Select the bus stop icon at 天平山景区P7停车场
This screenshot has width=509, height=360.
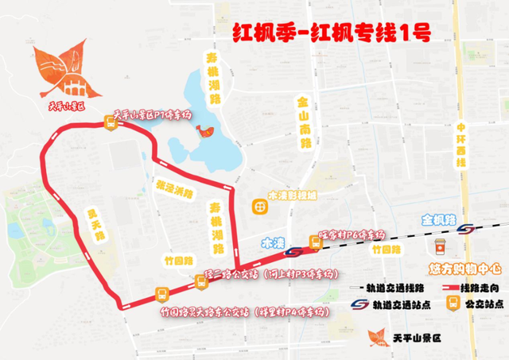(111, 122)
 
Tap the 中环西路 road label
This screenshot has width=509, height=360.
(460, 143)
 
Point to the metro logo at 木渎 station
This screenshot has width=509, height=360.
(293, 251)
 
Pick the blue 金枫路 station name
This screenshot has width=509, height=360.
(437, 218)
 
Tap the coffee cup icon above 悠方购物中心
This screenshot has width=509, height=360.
(439, 241)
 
